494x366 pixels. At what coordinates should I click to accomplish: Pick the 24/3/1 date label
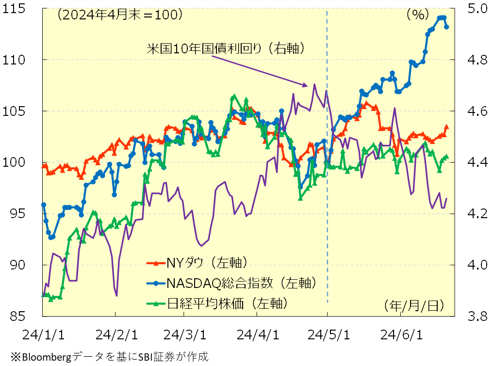pyautogui.click(x=184, y=334)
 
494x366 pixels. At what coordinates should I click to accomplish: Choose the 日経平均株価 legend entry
pyautogui.click(x=227, y=303)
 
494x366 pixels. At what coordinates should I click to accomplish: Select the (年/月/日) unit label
pyautogui.click(x=413, y=305)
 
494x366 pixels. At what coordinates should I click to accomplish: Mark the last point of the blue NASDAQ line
pyautogui.click(x=446, y=27)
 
